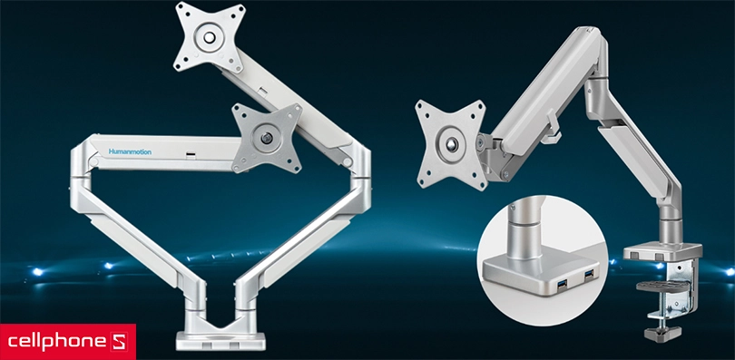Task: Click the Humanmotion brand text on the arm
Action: click(x=130, y=151)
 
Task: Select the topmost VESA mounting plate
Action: click(x=209, y=36)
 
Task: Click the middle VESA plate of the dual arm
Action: click(x=267, y=138)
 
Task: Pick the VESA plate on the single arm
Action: click(x=450, y=145)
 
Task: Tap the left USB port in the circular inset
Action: click(x=562, y=282)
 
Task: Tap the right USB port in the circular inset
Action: click(x=587, y=275)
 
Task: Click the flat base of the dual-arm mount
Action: click(x=220, y=341)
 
